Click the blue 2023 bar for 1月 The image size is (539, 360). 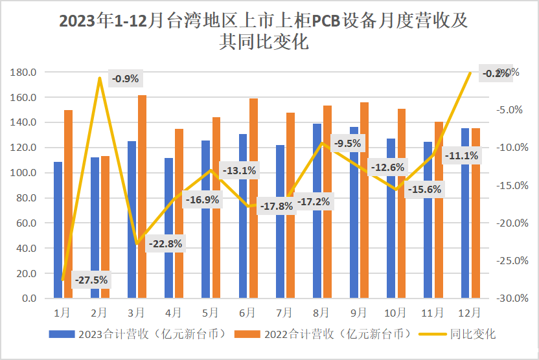pyautogui.click(x=58, y=230)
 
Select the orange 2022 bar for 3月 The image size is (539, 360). pyautogui.click(x=142, y=197)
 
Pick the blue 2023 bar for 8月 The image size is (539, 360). pyautogui.click(x=317, y=211)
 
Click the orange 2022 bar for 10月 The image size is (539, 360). pyautogui.click(x=402, y=203)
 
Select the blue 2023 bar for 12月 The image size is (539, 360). pyautogui.click(x=465, y=213)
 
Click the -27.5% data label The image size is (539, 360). pyautogui.click(x=91, y=280)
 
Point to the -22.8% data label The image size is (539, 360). pyautogui.click(x=165, y=244)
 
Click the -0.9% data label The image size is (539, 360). pyautogui.click(x=125, y=79)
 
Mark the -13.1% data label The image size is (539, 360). pyautogui.click(x=239, y=171)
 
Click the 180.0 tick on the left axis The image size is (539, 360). pyautogui.click(x=23, y=72)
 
